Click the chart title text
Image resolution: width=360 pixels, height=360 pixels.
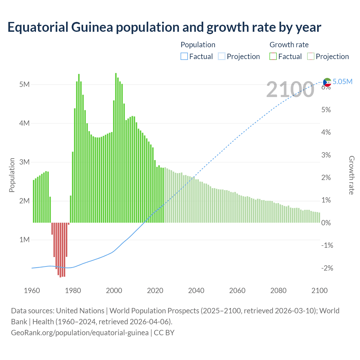pos(164,27)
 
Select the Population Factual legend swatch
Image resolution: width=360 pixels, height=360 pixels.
pos(184,57)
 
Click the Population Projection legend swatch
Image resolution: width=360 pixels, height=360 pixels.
pos(222,57)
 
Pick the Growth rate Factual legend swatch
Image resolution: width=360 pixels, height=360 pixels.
pos(273,57)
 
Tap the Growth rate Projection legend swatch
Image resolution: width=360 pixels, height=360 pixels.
pos(310,57)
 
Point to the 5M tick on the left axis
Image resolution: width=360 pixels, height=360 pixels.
pos(24,85)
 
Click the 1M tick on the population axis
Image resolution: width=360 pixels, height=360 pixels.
pos(24,240)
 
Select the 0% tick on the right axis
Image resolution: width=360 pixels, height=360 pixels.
pos(326,223)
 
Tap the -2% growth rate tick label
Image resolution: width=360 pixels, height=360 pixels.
pos(327,268)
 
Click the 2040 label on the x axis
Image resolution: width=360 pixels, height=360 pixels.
pos(196,291)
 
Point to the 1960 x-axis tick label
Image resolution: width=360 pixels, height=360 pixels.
pos(32,291)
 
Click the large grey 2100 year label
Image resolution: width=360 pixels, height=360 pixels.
pos(290,89)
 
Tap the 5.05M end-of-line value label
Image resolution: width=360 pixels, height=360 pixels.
pos(342,82)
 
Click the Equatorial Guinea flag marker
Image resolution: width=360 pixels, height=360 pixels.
pos(327,82)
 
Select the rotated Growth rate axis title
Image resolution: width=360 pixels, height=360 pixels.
pos(351,175)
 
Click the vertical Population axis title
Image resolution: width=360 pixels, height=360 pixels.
pos(12,175)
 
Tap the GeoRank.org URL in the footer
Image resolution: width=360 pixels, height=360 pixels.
pos(80,333)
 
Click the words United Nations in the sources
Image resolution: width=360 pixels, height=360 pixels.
pos(80,311)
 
